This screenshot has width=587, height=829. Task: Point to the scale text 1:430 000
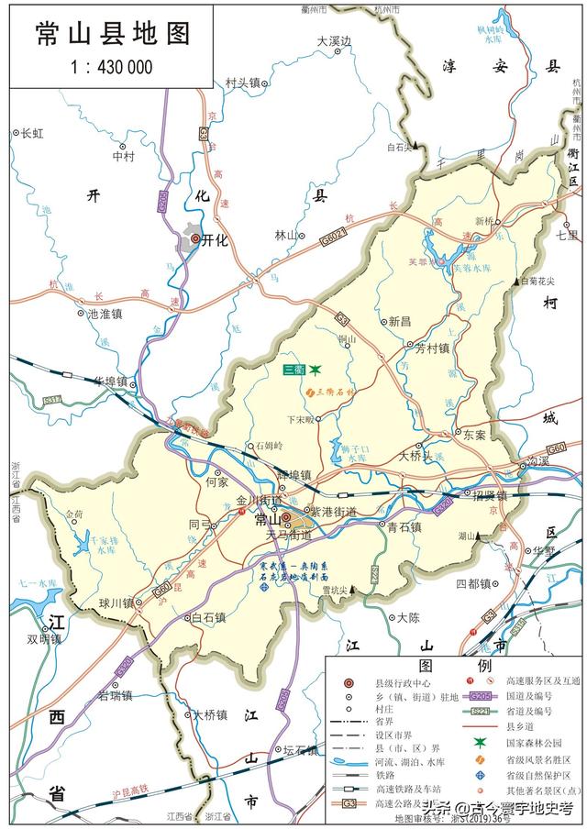point(111,66)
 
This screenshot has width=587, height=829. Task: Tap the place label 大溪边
point(335,41)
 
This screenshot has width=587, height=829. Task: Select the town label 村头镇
point(243,83)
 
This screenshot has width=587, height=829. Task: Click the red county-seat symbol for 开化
point(194,239)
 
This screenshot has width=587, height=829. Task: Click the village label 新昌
point(399,321)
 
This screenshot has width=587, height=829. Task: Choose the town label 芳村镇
point(431,348)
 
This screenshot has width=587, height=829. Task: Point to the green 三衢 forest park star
point(315,370)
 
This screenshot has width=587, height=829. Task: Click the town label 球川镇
point(117,602)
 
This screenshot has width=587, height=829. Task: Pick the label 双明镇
point(44,639)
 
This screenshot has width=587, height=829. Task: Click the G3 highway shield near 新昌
point(342,318)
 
